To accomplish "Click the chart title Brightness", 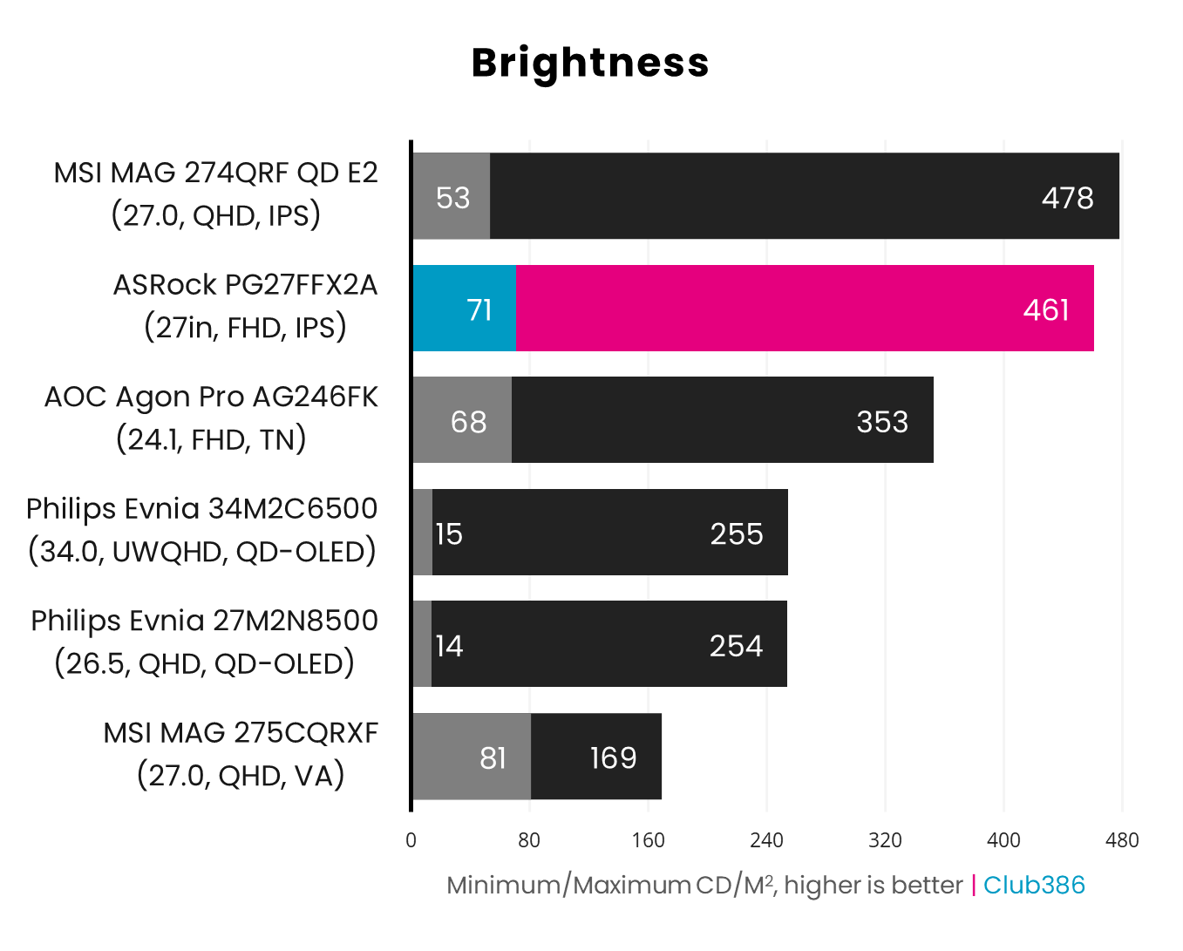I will pyautogui.click(x=590, y=63).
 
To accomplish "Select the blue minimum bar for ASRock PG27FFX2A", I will pyautogui.click(x=463, y=309).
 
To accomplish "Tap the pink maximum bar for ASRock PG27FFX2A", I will pyautogui.click(x=804, y=309).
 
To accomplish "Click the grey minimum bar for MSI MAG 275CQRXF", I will pyautogui.click(x=471, y=757).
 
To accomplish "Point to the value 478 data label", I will pyautogui.click(x=1067, y=198).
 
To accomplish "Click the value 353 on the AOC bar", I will pyautogui.click(x=882, y=422).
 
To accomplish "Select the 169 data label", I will pyautogui.click(x=613, y=757).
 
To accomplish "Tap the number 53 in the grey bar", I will pyautogui.click(x=452, y=198).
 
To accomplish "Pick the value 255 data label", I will pyautogui.click(x=736, y=533).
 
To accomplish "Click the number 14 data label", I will pyautogui.click(x=449, y=646).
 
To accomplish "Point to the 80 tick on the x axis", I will pyautogui.click(x=529, y=840).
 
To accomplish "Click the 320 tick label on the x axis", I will pyautogui.click(x=885, y=840).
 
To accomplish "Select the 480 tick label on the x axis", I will pyautogui.click(x=1122, y=840).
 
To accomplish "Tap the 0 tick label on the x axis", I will pyautogui.click(x=411, y=840).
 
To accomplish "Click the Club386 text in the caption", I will pyautogui.click(x=1034, y=885).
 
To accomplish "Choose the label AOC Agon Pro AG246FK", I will pyautogui.click(x=211, y=397).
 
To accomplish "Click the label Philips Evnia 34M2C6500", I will pyautogui.click(x=201, y=509).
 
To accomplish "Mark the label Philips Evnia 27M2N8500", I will pyautogui.click(x=204, y=621).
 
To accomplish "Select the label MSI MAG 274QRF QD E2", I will pyautogui.click(x=215, y=173).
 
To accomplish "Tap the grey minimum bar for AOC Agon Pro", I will pyautogui.click(x=461, y=420).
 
